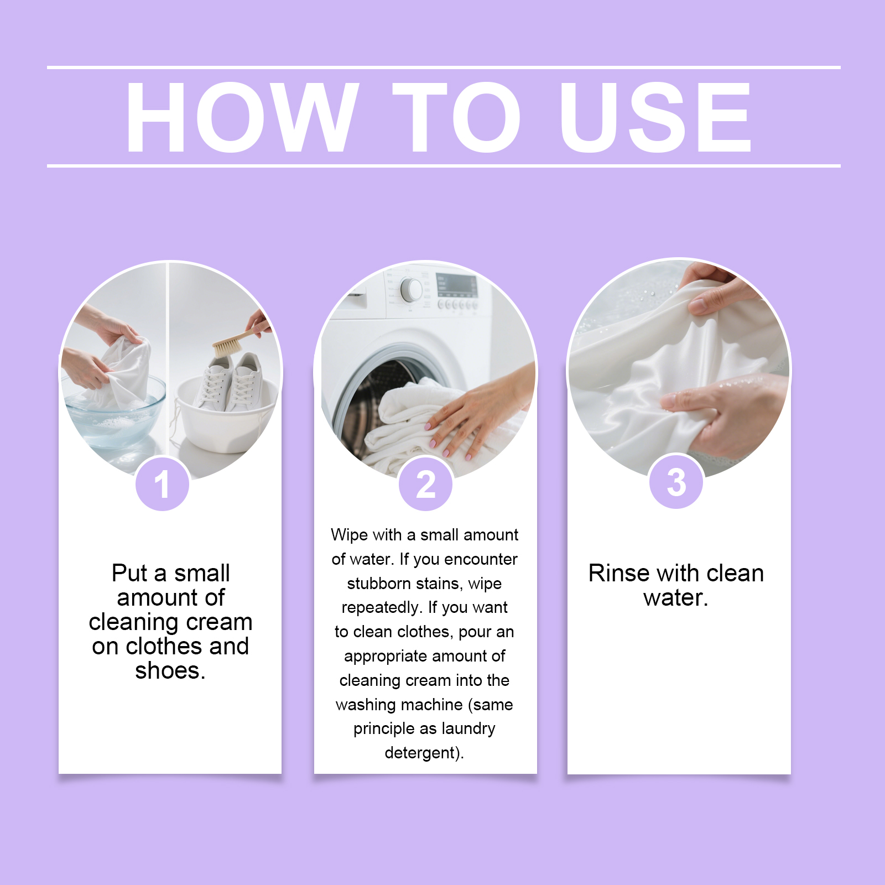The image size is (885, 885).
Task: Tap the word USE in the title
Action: pyautogui.click(x=655, y=117)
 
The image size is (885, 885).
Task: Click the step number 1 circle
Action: pyautogui.click(x=163, y=483)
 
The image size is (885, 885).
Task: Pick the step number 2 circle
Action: pyautogui.click(x=426, y=483)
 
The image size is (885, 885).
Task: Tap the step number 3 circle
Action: pyautogui.click(x=676, y=481)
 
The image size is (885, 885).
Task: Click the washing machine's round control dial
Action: pyautogui.click(x=411, y=289)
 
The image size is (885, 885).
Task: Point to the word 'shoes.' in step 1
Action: pyautogui.click(x=170, y=670)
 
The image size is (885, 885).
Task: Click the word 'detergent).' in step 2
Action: pyautogui.click(x=424, y=753)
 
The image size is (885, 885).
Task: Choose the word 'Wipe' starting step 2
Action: pyautogui.click(x=350, y=535)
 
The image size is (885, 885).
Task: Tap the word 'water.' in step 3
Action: pyautogui.click(x=676, y=598)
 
